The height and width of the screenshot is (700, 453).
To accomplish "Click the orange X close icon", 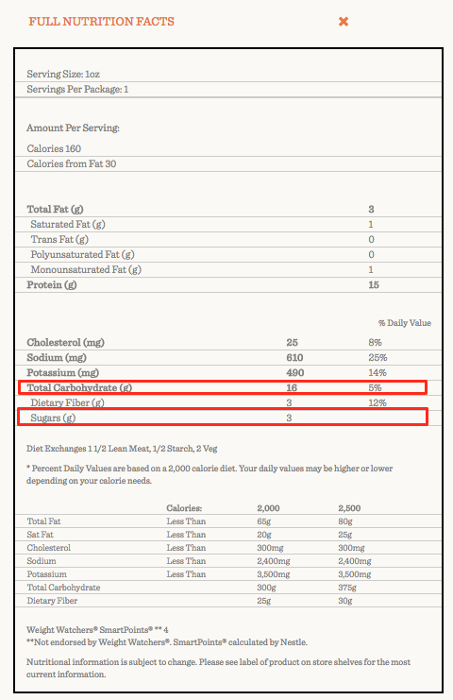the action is (344, 21).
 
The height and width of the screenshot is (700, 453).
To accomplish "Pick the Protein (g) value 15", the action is (373, 284).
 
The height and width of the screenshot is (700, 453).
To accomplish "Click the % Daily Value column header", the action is (404, 323).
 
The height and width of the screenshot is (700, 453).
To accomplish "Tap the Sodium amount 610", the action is (294, 357).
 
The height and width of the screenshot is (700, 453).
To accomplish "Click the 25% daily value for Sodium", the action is (377, 357).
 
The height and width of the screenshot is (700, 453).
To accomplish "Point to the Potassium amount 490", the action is (294, 372).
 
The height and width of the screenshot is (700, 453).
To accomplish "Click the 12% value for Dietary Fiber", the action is (377, 403).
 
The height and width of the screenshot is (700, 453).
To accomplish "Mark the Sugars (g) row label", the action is (54, 418).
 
